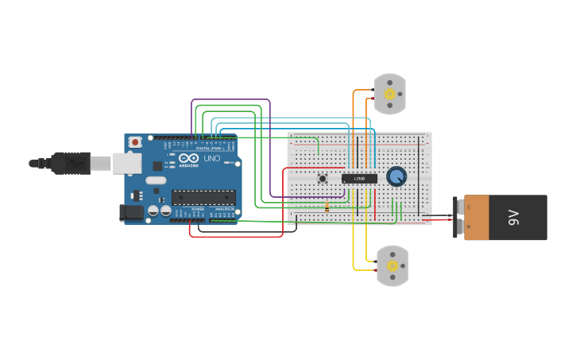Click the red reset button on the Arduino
136,142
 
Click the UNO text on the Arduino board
212,159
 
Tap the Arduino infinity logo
189,158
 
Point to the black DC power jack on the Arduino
129,212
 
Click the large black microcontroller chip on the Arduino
203,197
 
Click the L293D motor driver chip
359,179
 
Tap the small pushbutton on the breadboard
323,179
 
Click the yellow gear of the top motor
389,94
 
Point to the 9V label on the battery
514,217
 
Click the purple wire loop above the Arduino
230,100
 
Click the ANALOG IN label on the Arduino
226,209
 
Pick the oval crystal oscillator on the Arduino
156,180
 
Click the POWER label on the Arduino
198,209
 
